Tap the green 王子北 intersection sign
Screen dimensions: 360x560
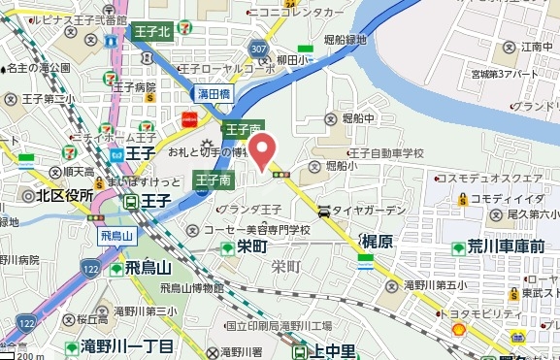click(151, 32)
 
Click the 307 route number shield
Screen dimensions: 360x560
click(257, 49)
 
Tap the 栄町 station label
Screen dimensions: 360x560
click(251, 246)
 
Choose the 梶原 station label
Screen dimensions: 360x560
click(377, 241)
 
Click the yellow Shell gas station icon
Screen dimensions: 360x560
click(459, 330)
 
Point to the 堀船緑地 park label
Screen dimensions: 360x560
click(346, 40)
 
